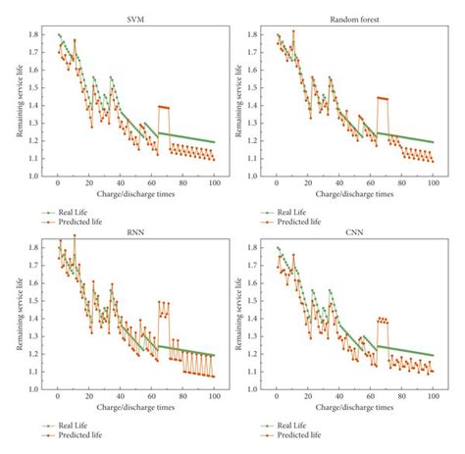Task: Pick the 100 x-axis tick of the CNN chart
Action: [x=433, y=396]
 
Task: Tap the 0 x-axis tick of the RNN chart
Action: [x=58, y=396]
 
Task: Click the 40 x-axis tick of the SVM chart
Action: [x=120, y=184]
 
